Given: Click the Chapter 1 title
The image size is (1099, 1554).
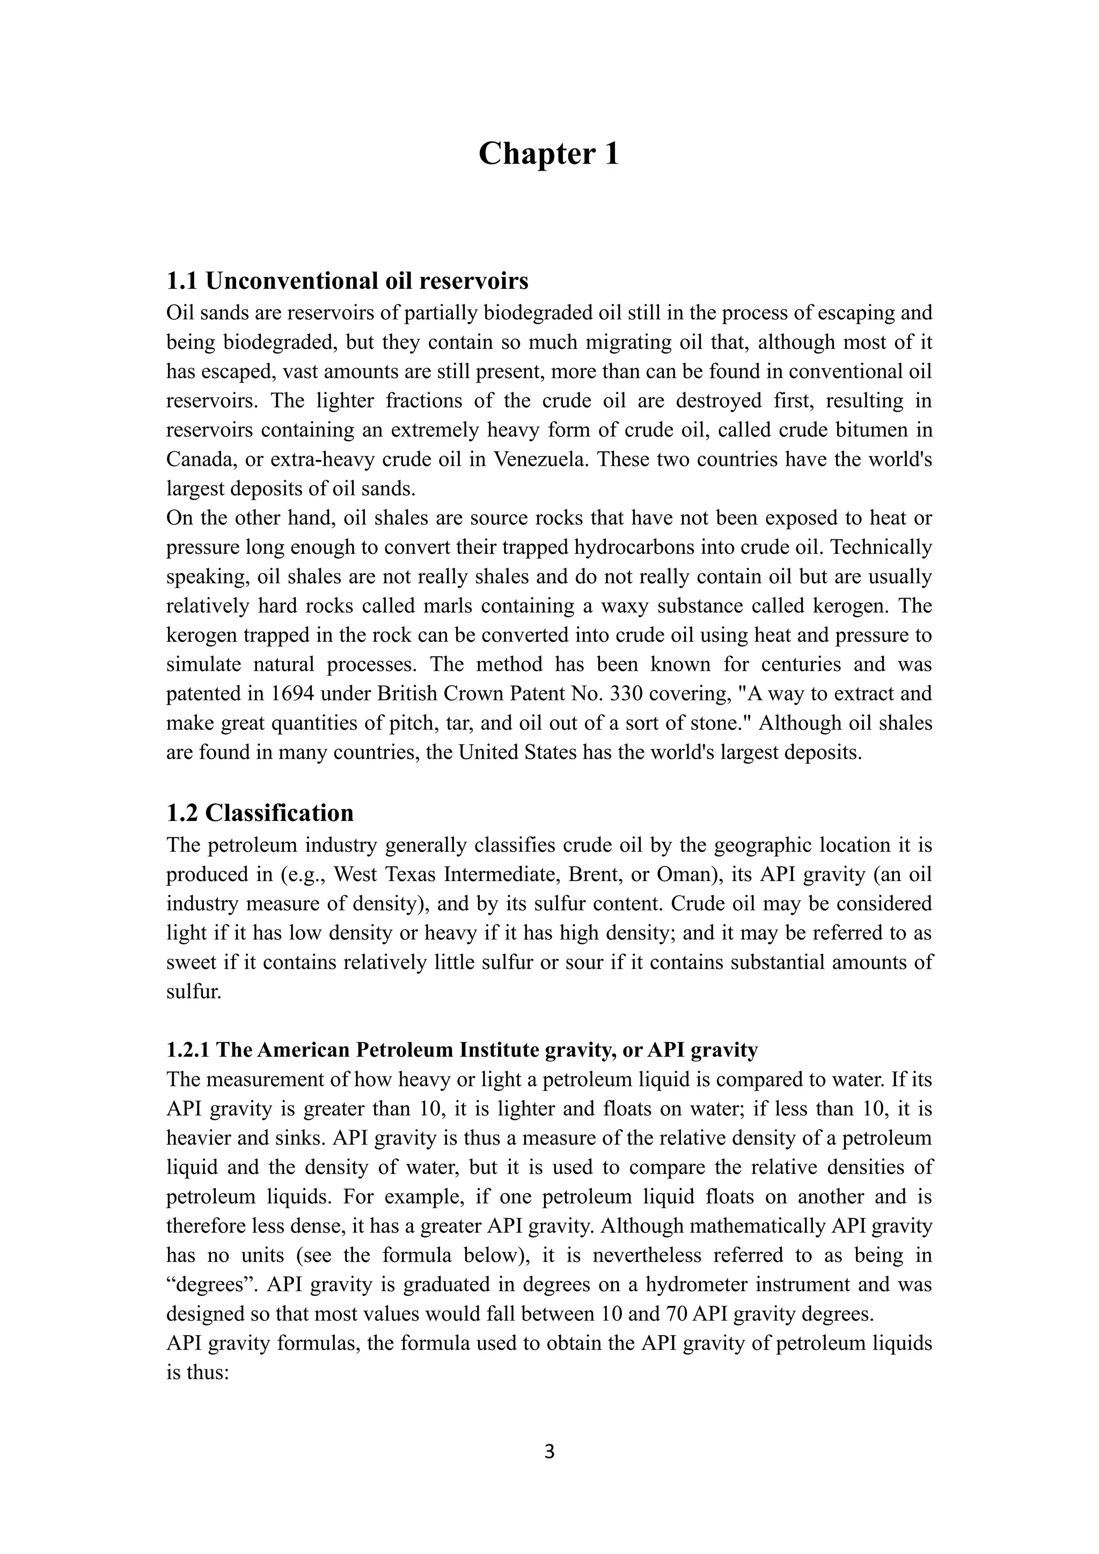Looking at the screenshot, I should [549, 153].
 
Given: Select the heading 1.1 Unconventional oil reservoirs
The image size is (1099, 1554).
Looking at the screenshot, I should [347, 280].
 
